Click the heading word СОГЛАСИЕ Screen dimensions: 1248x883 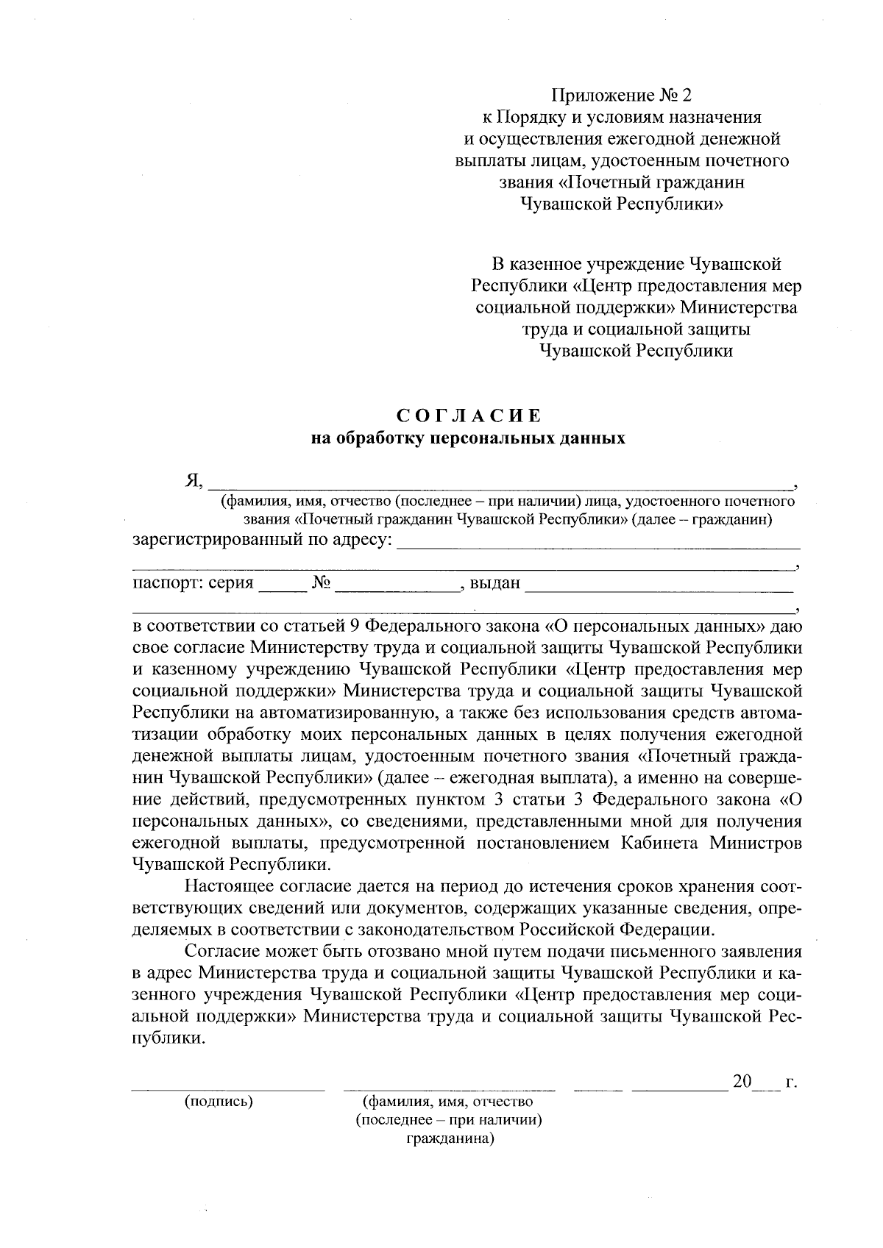click(468, 416)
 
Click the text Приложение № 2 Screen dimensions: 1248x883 click(622, 95)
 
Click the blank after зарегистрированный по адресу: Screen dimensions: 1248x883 click(597, 544)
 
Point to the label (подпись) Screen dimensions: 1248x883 click(219, 1101)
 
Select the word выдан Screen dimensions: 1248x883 click(495, 584)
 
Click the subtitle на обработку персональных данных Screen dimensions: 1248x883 click(468, 439)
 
